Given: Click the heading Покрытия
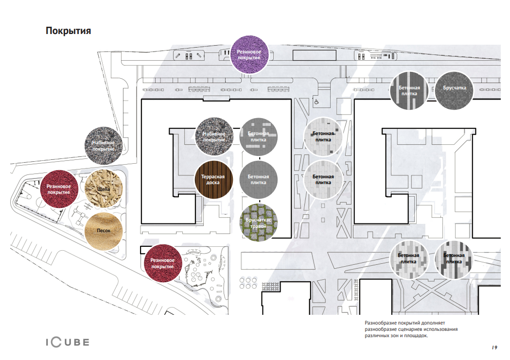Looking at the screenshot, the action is click(x=68, y=31).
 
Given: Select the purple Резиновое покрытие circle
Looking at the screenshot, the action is click(x=249, y=54).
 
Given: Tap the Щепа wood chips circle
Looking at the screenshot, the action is click(x=104, y=189).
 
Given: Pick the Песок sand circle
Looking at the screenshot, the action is click(x=104, y=231).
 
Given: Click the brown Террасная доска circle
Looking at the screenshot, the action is click(x=214, y=179).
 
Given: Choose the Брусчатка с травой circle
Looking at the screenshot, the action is click(x=259, y=223).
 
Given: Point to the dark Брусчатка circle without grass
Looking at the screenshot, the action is click(x=454, y=91).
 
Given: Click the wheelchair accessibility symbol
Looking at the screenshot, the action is click(x=317, y=102).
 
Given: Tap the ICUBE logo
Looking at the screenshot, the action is click(x=68, y=342).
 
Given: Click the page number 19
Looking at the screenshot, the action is click(x=494, y=347).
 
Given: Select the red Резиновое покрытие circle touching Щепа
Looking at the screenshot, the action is click(x=59, y=189).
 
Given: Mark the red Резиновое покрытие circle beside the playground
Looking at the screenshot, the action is click(x=163, y=263).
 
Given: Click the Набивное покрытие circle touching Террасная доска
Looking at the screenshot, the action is click(x=214, y=137).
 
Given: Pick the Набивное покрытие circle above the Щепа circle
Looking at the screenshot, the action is click(x=104, y=146).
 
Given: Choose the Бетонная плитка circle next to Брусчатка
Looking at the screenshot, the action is click(x=409, y=91).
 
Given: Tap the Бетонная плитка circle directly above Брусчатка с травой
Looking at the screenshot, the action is click(x=259, y=179).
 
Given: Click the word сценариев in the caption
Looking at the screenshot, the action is click(x=408, y=329).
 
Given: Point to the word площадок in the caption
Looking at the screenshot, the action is click(x=417, y=336).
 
